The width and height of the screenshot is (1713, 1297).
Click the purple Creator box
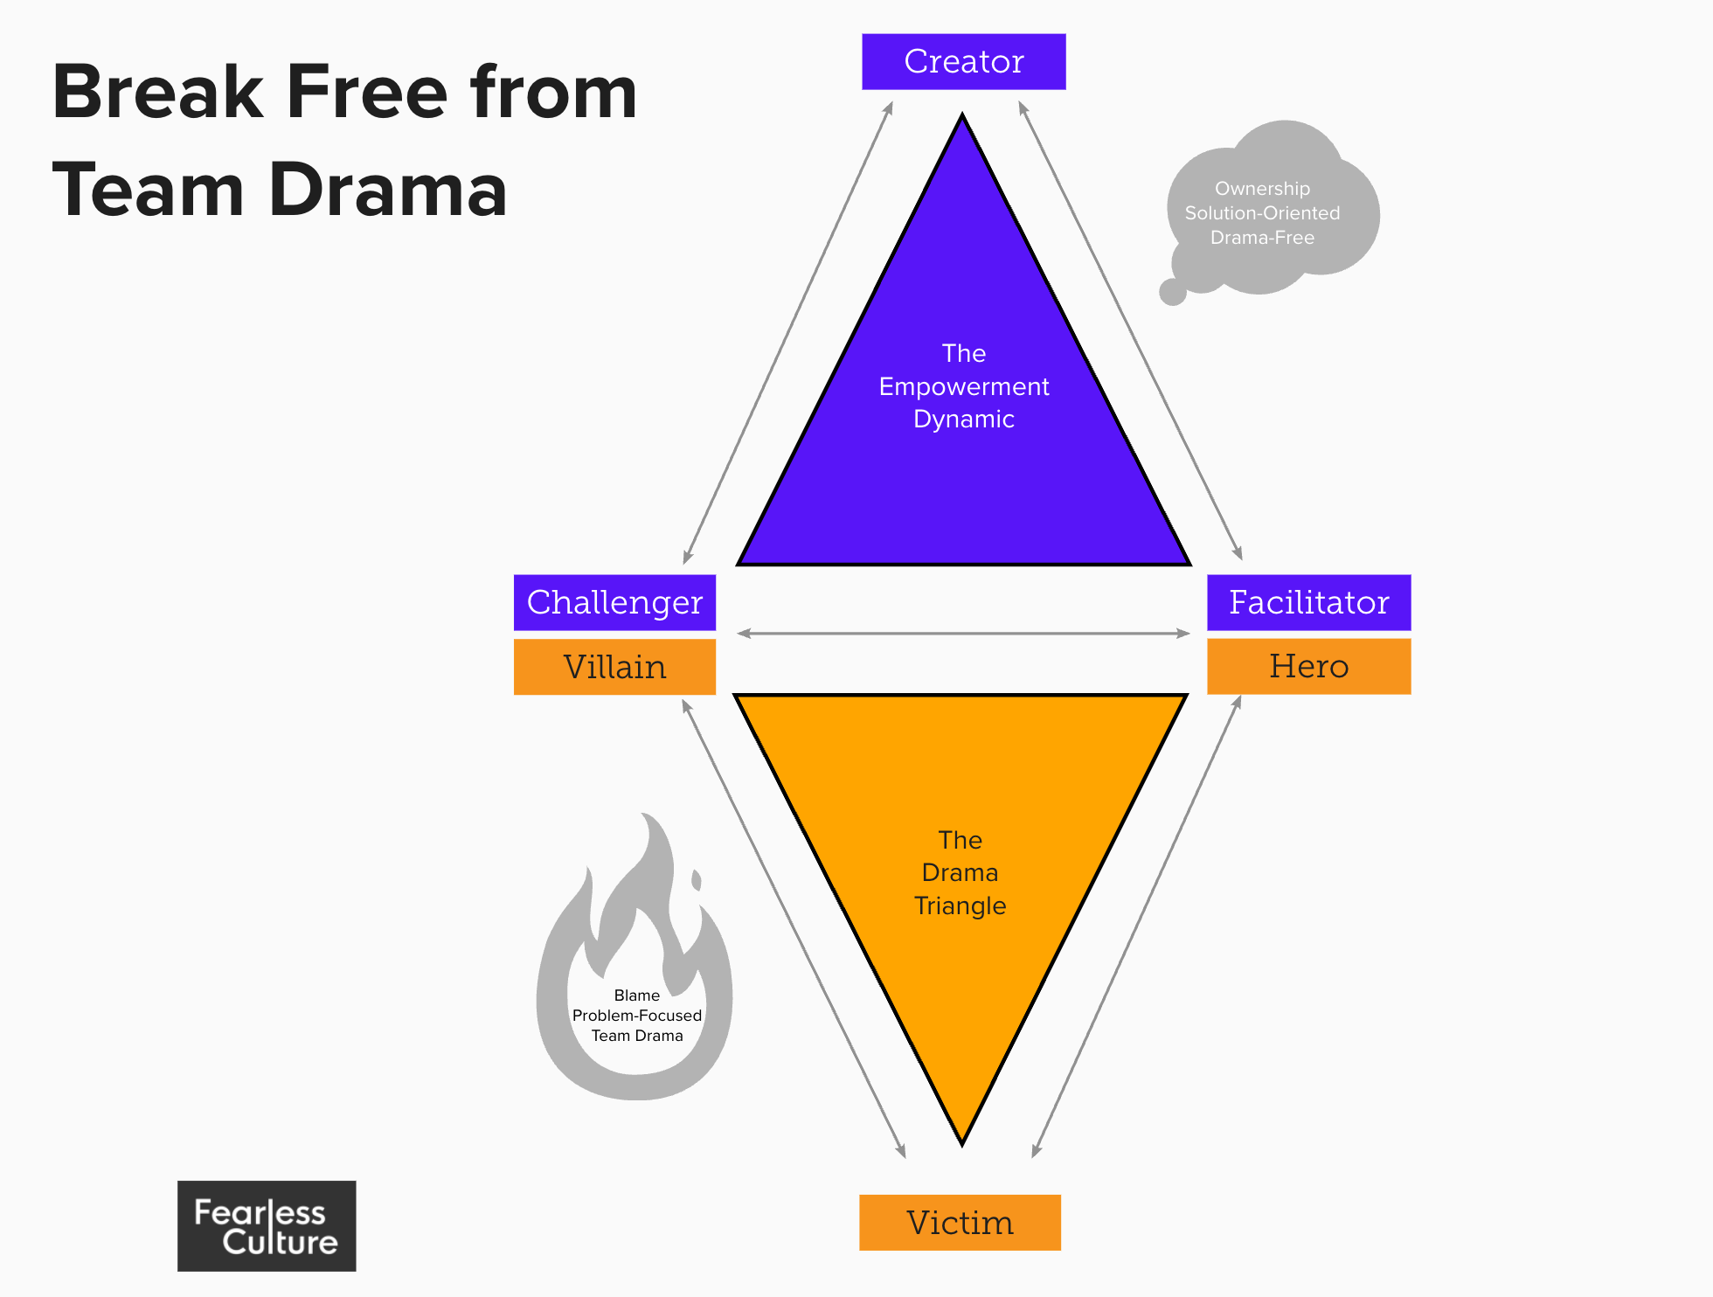pyautogui.click(x=963, y=62)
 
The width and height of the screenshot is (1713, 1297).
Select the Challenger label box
pyautogui.click(x=614, y=602)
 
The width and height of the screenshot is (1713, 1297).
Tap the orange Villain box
pyautogui.click(x=614, y=667)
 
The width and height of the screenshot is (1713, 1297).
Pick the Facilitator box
pyautogui.click(x=1308, y=602)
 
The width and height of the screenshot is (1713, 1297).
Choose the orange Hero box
pyautogui.click(x=1308, y=666)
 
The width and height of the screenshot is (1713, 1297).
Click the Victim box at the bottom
pyautogui.click(x=960, y=1222)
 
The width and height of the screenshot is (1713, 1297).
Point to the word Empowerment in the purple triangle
pyautogui.click(x=963, y=386)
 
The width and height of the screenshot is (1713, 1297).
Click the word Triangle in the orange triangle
pyautogui.click(x=960, y=905)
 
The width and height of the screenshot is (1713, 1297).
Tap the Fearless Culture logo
pyautogui.click(x=267, y=1225)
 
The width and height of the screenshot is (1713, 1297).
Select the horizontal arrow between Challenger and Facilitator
pyautogui.click(x=963, y=633)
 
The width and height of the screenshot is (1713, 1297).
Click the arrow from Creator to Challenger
pyautogui.click(x=788, y=332)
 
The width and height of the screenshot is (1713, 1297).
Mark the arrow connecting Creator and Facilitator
pyautogui.click(x=1130, y=330)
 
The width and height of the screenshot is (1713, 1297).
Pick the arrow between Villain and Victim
pyautogui.click(x=793, y=928)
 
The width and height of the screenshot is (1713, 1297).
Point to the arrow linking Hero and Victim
pyautogui.click(x=1137, y=926)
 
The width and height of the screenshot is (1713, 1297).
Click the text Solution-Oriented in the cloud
pyautogui.click(x=1262, y=213)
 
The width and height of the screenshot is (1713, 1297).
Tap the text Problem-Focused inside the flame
pyautogui.click(x=636, y=1016)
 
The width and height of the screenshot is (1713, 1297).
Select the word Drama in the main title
pyautogui.click(x=387, y=191)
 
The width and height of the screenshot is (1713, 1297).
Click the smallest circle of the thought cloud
pyautogui.click(x=1172, y=292)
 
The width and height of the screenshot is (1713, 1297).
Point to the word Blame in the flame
pyautogui.click(x=636, y=995)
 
